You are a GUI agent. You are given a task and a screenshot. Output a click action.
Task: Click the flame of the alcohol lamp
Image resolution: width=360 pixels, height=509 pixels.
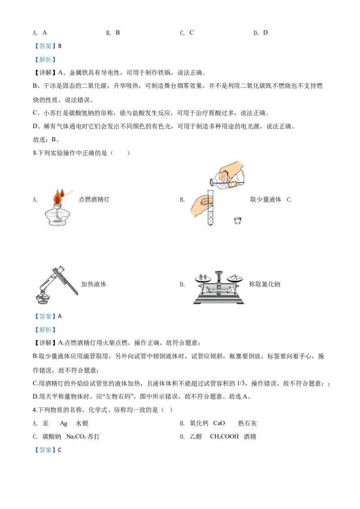(x=58, y=196)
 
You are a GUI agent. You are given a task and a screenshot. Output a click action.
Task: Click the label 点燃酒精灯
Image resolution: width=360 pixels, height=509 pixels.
(x=94, y=200)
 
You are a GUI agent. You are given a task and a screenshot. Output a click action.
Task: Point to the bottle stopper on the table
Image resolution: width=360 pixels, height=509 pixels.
(x=238, y=220)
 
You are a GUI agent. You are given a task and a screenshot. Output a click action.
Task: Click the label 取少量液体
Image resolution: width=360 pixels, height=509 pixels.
(x=265, y=200)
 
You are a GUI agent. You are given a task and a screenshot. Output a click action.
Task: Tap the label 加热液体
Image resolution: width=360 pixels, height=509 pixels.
(x=94, y=284)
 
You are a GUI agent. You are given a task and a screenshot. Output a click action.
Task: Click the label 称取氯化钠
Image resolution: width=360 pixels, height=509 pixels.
(x=265, y=284)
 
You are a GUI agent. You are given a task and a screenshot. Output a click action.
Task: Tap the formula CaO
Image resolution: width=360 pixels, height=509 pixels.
(x=219, y=423)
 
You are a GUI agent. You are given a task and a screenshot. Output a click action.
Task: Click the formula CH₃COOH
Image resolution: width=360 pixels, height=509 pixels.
(x=225, y=437)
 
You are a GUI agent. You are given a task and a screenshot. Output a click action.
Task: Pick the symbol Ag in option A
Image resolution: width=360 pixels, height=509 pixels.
(x=63, y=424)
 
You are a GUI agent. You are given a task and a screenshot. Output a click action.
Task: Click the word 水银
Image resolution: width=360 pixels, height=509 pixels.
(x=82, y=423)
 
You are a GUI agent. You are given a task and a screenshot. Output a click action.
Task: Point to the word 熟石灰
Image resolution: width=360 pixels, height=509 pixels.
(x=247, y=423)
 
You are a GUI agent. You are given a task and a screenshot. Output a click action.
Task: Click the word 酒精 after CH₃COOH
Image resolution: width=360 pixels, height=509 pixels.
(x=250, y=437)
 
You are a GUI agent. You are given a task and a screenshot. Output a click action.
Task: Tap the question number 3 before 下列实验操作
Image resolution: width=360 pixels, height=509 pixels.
(x=35, y=153)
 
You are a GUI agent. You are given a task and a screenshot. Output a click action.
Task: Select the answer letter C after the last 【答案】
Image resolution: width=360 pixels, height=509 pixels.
(x=59, y=450)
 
